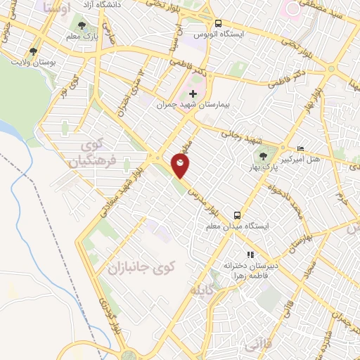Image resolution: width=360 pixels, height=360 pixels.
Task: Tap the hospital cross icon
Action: (x=193, y=94)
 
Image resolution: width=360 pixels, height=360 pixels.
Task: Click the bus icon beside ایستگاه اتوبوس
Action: (x=218, y=23)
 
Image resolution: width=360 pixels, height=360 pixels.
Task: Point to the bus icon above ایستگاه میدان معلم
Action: (x=237, y=215)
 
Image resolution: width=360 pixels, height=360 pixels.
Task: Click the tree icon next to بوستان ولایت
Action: (x=33, y=51)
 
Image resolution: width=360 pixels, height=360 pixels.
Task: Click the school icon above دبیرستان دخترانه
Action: (x=249, y=255)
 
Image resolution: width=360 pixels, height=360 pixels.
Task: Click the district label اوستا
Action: (x=56, y=9)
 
